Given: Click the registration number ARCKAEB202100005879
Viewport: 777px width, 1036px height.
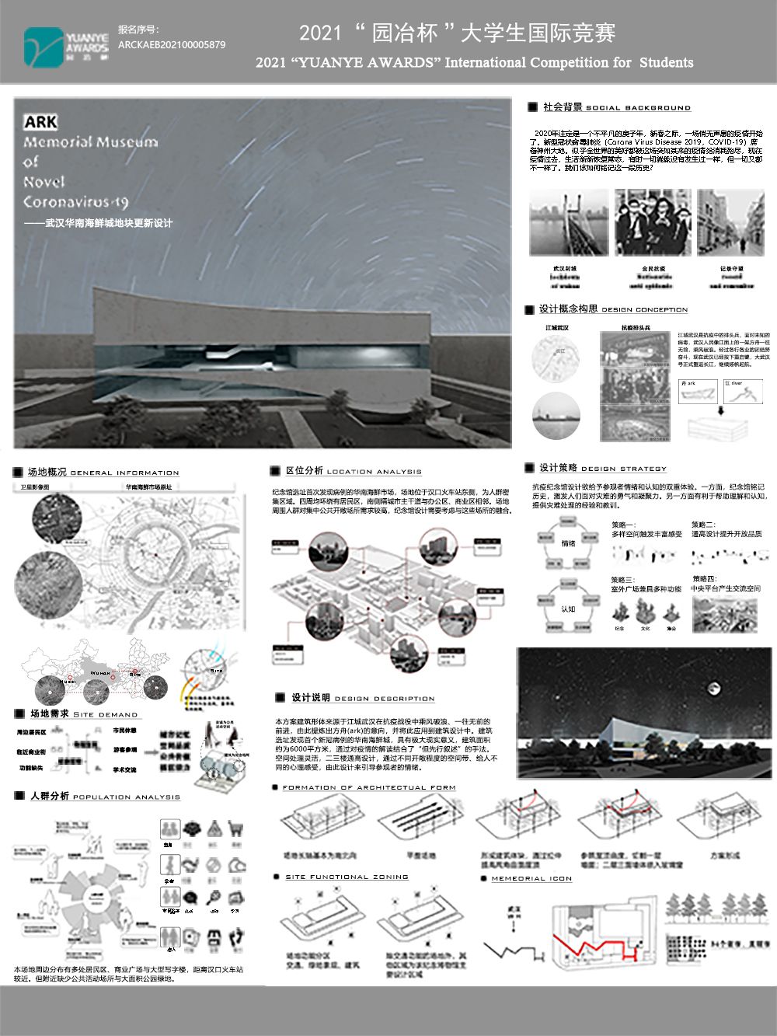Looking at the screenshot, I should (x=172, y=45).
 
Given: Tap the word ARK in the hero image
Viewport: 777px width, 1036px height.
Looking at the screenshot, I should (x=40, y=122).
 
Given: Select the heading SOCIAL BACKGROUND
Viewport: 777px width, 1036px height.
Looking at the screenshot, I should (x=637, y=108).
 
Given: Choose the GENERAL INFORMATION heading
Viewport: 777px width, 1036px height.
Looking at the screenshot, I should (x=124, y=473).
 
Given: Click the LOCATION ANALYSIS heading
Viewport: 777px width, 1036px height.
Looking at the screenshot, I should (x=374, y=472).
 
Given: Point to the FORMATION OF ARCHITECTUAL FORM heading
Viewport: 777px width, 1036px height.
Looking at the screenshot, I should (x=368, y=787).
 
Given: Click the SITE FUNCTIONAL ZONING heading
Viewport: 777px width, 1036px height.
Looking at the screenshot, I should (x=347, y=877).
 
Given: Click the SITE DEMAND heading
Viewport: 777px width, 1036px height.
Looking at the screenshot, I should (x=105, y=714).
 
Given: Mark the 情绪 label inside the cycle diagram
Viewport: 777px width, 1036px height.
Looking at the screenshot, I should (x=568, y=543).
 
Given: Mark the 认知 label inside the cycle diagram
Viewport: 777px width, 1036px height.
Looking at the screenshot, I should (x=568, y=609).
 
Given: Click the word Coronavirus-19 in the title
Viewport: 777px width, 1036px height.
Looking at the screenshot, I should (x=75, y=202).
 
